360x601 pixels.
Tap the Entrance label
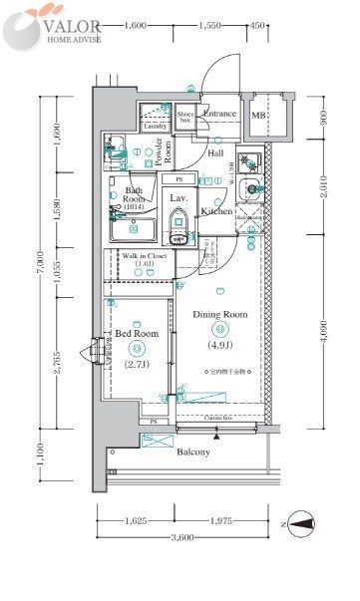pyautogui.click(x=219, y=114)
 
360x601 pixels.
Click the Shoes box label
pyautogui.click(x=184, y=117)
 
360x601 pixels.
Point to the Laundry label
pyautogui.click(x=155, y=127)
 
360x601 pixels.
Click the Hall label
pyautogui.click(x=215, y=153)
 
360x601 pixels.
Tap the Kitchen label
pyautogui.click(x=216, y=211)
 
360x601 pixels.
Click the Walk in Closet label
pyautogui.click(x=145, y=258)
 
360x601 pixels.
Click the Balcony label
pyautogui.click(x=193, y=452)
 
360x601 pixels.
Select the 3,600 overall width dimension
pyautogui.click(x=180, y=539)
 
